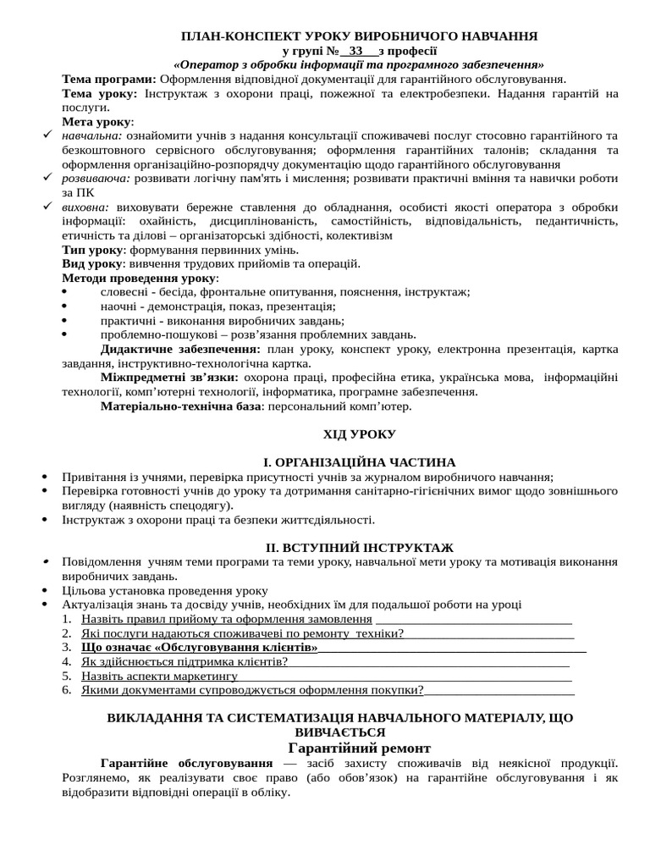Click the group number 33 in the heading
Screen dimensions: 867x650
[355, 51]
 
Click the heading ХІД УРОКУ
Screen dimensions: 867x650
[359, 434]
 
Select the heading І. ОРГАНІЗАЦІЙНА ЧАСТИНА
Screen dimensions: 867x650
[360, 462]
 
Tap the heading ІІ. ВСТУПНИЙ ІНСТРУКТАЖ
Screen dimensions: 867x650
[360, 548]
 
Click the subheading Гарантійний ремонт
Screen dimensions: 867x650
[360, 748]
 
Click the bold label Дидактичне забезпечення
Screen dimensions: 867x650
[180, 349]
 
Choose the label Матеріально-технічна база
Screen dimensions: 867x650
[179, 406]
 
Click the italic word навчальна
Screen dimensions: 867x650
[91, 135]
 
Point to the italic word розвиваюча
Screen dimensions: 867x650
[96, 179]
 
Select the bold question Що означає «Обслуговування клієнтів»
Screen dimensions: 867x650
[200, 648]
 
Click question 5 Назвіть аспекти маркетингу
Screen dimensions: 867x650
[159, 676]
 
